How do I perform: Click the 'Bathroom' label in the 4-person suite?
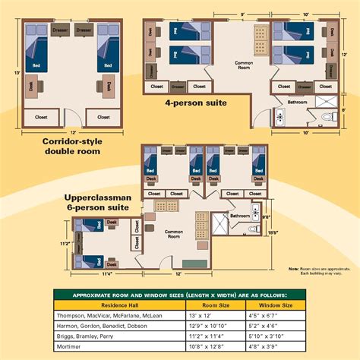point(297,101)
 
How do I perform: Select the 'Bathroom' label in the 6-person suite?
point(239,216)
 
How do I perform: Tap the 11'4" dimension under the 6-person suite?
point(106,273)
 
